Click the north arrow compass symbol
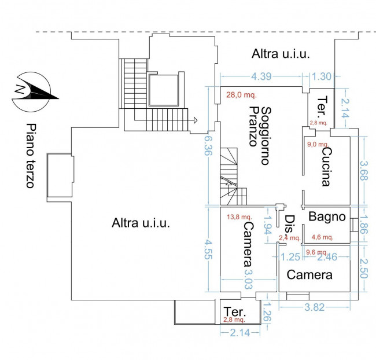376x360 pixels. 34,92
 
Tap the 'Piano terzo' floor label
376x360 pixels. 31,156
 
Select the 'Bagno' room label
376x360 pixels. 327,216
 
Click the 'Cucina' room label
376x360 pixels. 327,167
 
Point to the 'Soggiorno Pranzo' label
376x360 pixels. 260,136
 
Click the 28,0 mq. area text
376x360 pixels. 241,95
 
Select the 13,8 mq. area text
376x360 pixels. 239,217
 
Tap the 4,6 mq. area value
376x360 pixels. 322,237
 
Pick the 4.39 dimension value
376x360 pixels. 261,76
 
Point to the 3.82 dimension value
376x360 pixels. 314,307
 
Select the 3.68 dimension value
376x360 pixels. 364,171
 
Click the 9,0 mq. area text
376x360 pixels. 318,144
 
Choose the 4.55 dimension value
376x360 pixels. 208,249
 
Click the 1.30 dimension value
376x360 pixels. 322,76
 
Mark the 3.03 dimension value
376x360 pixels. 248,279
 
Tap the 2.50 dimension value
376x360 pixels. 364,269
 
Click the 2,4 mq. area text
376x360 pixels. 289,238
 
